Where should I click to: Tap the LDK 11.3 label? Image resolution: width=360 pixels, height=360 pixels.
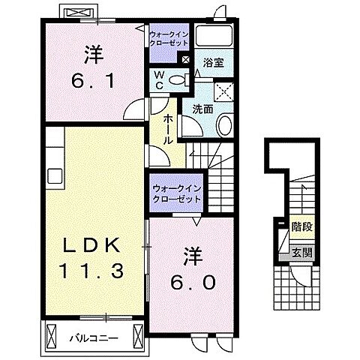point(88,257)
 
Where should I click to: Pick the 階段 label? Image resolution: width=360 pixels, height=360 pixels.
point(301,225)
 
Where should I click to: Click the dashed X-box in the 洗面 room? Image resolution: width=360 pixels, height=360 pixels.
point(223,90)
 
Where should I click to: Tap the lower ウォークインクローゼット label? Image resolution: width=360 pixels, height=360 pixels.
point(176,194)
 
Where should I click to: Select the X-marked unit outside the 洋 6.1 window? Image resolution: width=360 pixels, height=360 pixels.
point(78,13)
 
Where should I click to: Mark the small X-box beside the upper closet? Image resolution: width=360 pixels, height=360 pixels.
point(185,58)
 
